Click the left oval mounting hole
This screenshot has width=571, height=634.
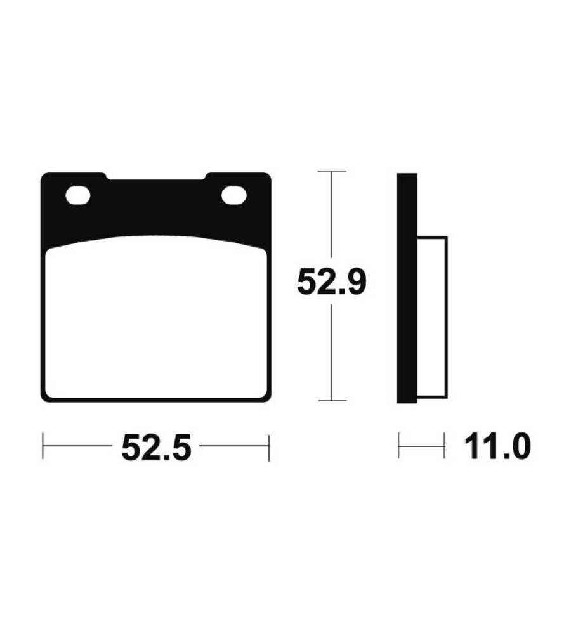pyautogui.click(x=77, y=196)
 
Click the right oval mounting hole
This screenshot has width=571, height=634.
pyautogui.click(x=234, y=196)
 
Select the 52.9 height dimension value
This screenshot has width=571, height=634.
pyautogui.click(x=331, y=282)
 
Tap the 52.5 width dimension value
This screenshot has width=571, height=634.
pyautogui.click(x=156, y=448)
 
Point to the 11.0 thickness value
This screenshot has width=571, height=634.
pyautogui.click(x=497, y=446)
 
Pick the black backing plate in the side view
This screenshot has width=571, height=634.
pyautogui.click(x=407, y=288)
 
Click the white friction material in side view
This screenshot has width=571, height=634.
pyautogui.click(x=432, y=318)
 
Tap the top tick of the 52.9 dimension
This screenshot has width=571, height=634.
pyautogui.click(x=332, y=171)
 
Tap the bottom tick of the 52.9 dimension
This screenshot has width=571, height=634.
pyautogui.click(x=332, y=401)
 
